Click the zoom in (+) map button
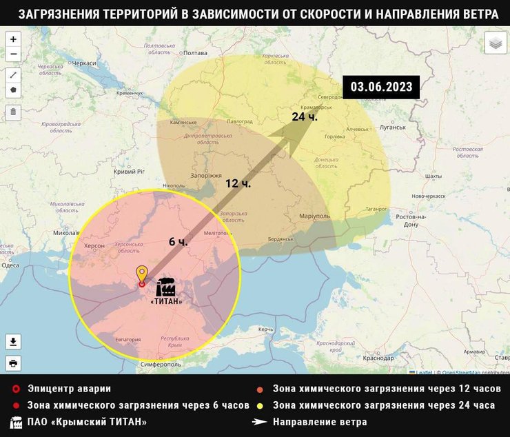(13, 40)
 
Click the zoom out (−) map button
(13, 55)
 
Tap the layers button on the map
(496, 43)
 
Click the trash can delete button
(13, 112)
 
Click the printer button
(13, 363)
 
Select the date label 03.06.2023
(381, 87)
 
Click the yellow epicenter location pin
(142, 275)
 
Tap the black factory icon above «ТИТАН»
(165, 287)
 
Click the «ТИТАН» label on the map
(166, 302)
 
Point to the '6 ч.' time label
(178, 242)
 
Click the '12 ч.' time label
(238, 183)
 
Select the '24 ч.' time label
(304, 116)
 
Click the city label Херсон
(94, 245)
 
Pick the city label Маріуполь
(315, 216)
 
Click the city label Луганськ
(392, 128)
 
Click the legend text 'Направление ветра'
(320, 422)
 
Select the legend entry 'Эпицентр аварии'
(69, 389)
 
